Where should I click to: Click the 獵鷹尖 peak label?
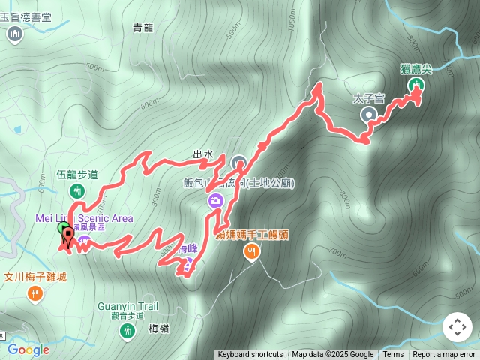click(416, 69)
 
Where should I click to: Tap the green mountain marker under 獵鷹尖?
click(415, 87)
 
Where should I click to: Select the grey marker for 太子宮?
click(369, 115)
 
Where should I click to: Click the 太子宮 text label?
click(369, 98)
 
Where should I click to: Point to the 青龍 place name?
click(142, 28)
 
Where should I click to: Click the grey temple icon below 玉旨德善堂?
click(16, 34)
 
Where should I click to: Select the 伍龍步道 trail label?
click(77, 175)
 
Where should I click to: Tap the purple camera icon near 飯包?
click(215, 200)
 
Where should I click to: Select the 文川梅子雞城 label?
click(35, 277)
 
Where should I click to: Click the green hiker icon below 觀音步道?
click(127, 331)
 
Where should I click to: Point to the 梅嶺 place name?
click(159, 328)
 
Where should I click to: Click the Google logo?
click(28, 349)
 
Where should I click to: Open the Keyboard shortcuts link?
click(250, 355)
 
